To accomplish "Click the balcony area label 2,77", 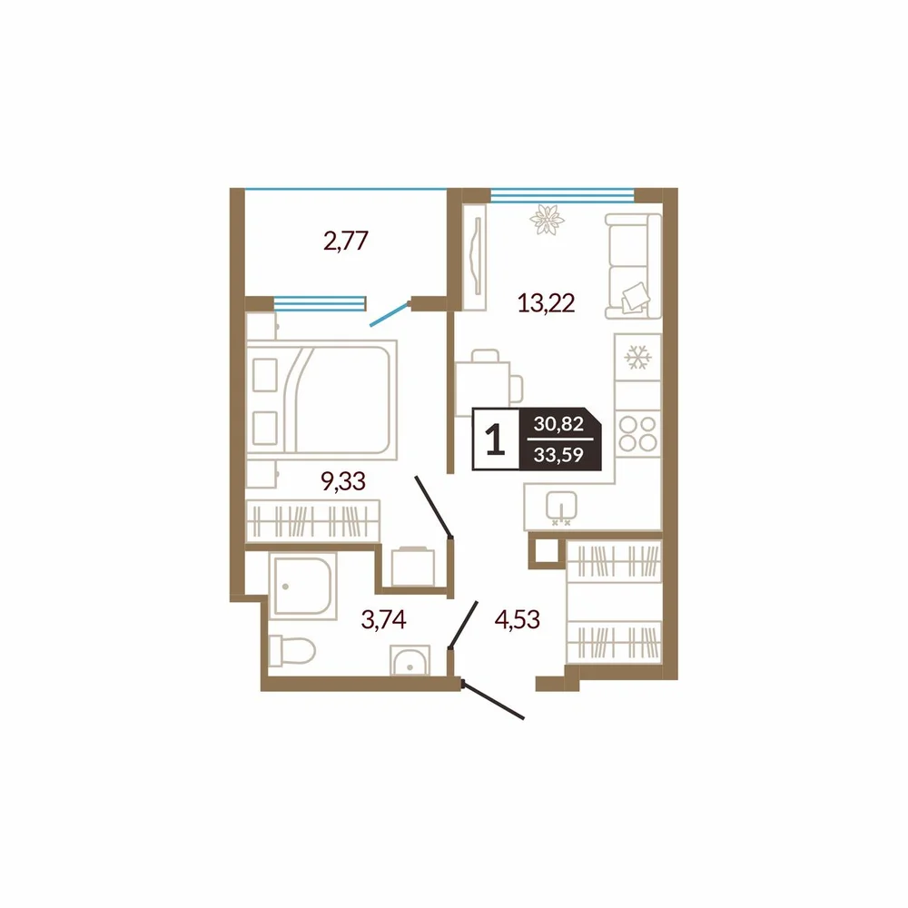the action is coord(346,241).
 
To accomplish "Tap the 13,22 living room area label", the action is coord(546,303).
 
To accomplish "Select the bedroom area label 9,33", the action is coord(343,480).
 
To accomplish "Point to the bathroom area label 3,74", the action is coord(383,619).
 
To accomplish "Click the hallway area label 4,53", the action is coord(518,619).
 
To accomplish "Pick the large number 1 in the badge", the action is coord(495,439).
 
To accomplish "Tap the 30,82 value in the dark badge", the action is coord(558,424).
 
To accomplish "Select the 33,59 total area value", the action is coord(558,455).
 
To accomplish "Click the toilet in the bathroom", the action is coord(291,650).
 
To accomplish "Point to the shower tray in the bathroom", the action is coord(302,586).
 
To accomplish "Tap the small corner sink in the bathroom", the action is coord(410,660).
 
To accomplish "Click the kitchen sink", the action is coord(561,508).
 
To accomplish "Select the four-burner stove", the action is coord(637,434).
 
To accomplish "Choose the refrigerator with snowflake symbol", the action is coord(637,357).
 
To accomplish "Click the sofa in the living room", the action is coord(633,266).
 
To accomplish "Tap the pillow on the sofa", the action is coord(636,297).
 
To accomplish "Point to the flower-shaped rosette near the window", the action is coord(547,220).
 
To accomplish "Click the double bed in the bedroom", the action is coord(321,400).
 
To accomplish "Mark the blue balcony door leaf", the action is coord(390,314).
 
